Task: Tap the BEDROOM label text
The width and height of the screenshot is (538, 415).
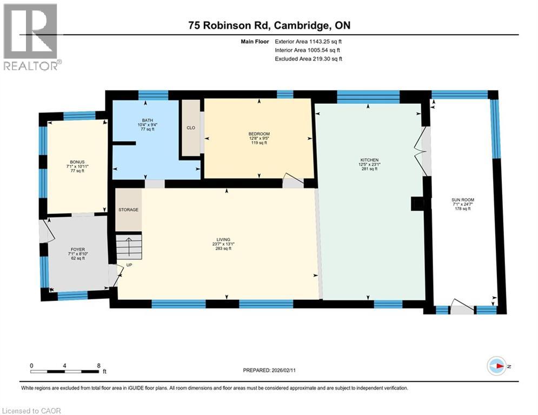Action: (259, 134)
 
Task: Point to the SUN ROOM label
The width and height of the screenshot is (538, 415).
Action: (463, 200)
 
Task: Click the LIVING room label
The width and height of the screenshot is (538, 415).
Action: (223, 239)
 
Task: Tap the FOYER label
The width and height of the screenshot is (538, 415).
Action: (77, 249)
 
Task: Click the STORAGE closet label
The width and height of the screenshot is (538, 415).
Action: (129, 210)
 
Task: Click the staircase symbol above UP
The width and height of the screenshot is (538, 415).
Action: (129, 247)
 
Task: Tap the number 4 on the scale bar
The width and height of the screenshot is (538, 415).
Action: (65, 365)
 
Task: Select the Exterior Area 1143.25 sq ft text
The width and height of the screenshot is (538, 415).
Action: (308, 41)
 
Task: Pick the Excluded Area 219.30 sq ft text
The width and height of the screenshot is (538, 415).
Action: (308, 59)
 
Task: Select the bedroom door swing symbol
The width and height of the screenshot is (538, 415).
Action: (292, 181)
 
